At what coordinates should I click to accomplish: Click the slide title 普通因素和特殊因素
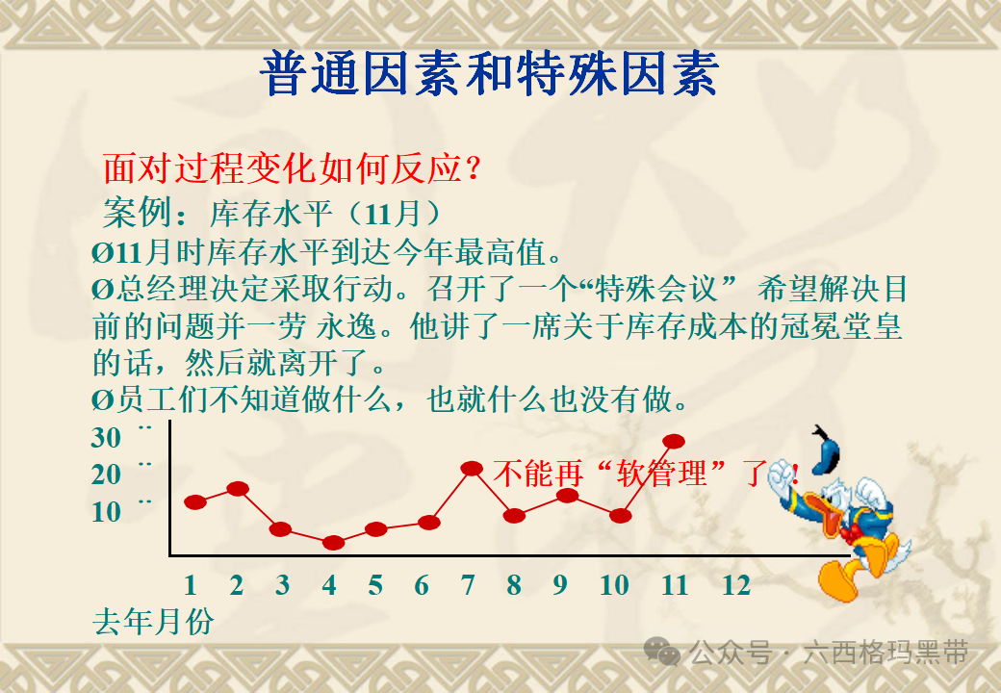coord(489,75)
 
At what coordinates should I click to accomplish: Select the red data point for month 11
coord(674,441)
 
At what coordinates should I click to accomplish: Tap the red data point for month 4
coord(333,543)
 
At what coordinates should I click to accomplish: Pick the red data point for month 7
coord(472,468)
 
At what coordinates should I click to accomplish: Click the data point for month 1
coord(195,501)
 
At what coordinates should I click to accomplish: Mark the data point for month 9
coord(567,496)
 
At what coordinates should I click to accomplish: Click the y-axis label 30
coord(107,438)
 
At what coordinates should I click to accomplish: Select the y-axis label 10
coord(107,512)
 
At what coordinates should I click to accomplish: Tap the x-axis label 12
coord(735,585)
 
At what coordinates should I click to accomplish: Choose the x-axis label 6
coord(422,585)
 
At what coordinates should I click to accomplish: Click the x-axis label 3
coord(282,585)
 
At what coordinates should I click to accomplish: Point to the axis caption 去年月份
coord(153,622)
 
